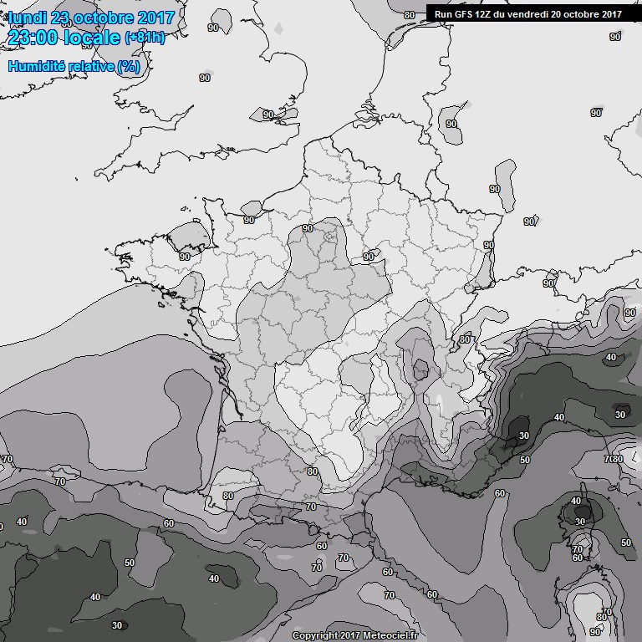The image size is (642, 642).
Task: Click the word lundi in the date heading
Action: point(28,18)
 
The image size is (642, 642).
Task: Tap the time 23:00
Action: point(33,38)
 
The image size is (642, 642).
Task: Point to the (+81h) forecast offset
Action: point(145,38)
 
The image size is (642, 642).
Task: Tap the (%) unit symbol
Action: point(129,67)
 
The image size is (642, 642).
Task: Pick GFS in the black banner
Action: point(465,13)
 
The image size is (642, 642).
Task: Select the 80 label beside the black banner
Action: point(410,15)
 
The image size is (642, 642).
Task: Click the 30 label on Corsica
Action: point(580,521)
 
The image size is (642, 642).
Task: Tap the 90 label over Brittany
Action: point(184,257)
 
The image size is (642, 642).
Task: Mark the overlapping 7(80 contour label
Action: point(614,459)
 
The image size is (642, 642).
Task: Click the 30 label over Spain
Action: point(116,625)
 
